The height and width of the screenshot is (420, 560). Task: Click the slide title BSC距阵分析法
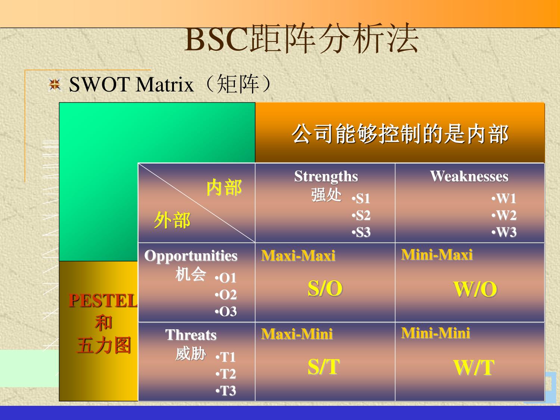pyautogui.click(x=301, y=39)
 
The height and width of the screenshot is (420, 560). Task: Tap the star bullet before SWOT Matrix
pyautogui.click(x=55, y=84)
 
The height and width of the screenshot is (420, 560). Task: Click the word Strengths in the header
pyautogui.click(x=326, y=177)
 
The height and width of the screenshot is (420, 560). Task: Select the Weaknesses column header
pyautogui.click(x=469, y=176)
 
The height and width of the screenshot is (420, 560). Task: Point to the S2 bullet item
pyautogui.click(x=361, y=215)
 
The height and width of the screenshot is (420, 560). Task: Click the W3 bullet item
pyautogui.click(x=504, y=232)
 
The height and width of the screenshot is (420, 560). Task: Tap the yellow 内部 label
pyautogui.click(x=224, y=187)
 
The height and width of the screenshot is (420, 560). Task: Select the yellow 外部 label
pyautogui.click(x=172, y=220)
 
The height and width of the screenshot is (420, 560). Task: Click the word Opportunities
pyautogui.click(x=191, y=256)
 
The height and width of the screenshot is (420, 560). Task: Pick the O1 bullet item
pyautogui.click(x=226, y=278)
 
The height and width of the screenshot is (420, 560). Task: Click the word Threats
pyautogui.click(x=191, y=335)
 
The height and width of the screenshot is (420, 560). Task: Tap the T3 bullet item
pyautogui.click(x=226, y=391)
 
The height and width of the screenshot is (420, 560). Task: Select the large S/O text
pyautogui.click(x=325, y=289)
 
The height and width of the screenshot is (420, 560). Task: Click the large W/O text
pyautogui.click(x=475, y=289)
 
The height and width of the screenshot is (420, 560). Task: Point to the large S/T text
pyautogui.click(x=324, y=367)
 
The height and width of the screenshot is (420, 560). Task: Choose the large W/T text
pyautogui.click(x=474, y=367)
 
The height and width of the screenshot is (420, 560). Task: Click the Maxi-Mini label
pyautogui.click(x=297, y=334)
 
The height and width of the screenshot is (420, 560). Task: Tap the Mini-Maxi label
pyautogui.click(x=437, y=255)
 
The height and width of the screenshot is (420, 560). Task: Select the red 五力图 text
pyautogui.click(x=104, y=345)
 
